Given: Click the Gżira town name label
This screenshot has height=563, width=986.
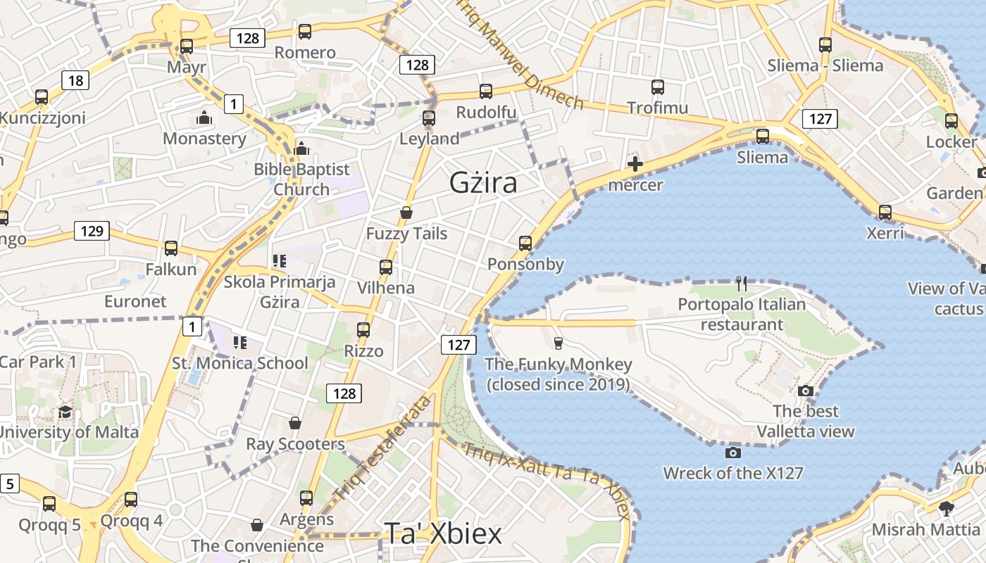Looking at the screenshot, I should pyautogui.click(x=483, y=183).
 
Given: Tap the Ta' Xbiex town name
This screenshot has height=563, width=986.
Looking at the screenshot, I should pyautogui.click(x=443, y=533).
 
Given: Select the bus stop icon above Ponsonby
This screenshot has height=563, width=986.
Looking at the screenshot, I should pyautogui.click(x=525, y=243).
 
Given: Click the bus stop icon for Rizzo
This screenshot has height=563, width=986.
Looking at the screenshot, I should pyautogui.click(x=363, y=329).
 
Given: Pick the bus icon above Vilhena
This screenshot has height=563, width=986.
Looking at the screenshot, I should pyautogui.click(x=385, y=267).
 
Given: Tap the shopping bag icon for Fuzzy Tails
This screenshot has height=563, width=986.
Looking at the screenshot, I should pyautogui.click(x=406, y=212).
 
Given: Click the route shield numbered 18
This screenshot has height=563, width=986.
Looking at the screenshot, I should pyautogui.click(x=75, y=80).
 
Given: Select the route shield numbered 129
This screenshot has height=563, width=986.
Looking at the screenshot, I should pyautogui.click(x=92, y=230).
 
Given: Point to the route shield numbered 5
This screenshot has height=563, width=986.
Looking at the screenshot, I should pyautogui.click(x=9, y=484).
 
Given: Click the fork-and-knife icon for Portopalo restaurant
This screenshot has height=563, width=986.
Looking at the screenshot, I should pyautogui.click(x=741, y=284).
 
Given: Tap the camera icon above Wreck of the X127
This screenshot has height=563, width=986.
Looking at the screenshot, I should pyautogui.click(x=733, y=453).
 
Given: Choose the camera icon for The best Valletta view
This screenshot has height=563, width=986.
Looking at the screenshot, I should pyautogui.click(x=806, y=391).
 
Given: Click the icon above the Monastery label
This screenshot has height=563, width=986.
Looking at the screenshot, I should pyautogui.click(x=204, y=118).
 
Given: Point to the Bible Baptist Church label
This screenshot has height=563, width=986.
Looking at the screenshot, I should pyautogui.click(x=301, y=179).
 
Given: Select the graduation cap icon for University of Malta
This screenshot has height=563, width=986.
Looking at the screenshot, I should pyautogui.click(x=65, y=412).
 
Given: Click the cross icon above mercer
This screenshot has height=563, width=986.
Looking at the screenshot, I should pyautogui.click(x=635, y=165).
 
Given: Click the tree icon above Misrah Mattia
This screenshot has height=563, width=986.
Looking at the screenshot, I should pyautogui.click(x=947, y=508).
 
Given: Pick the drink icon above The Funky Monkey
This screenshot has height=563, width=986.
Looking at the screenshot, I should pyautogui.click(x=558, y=343).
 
